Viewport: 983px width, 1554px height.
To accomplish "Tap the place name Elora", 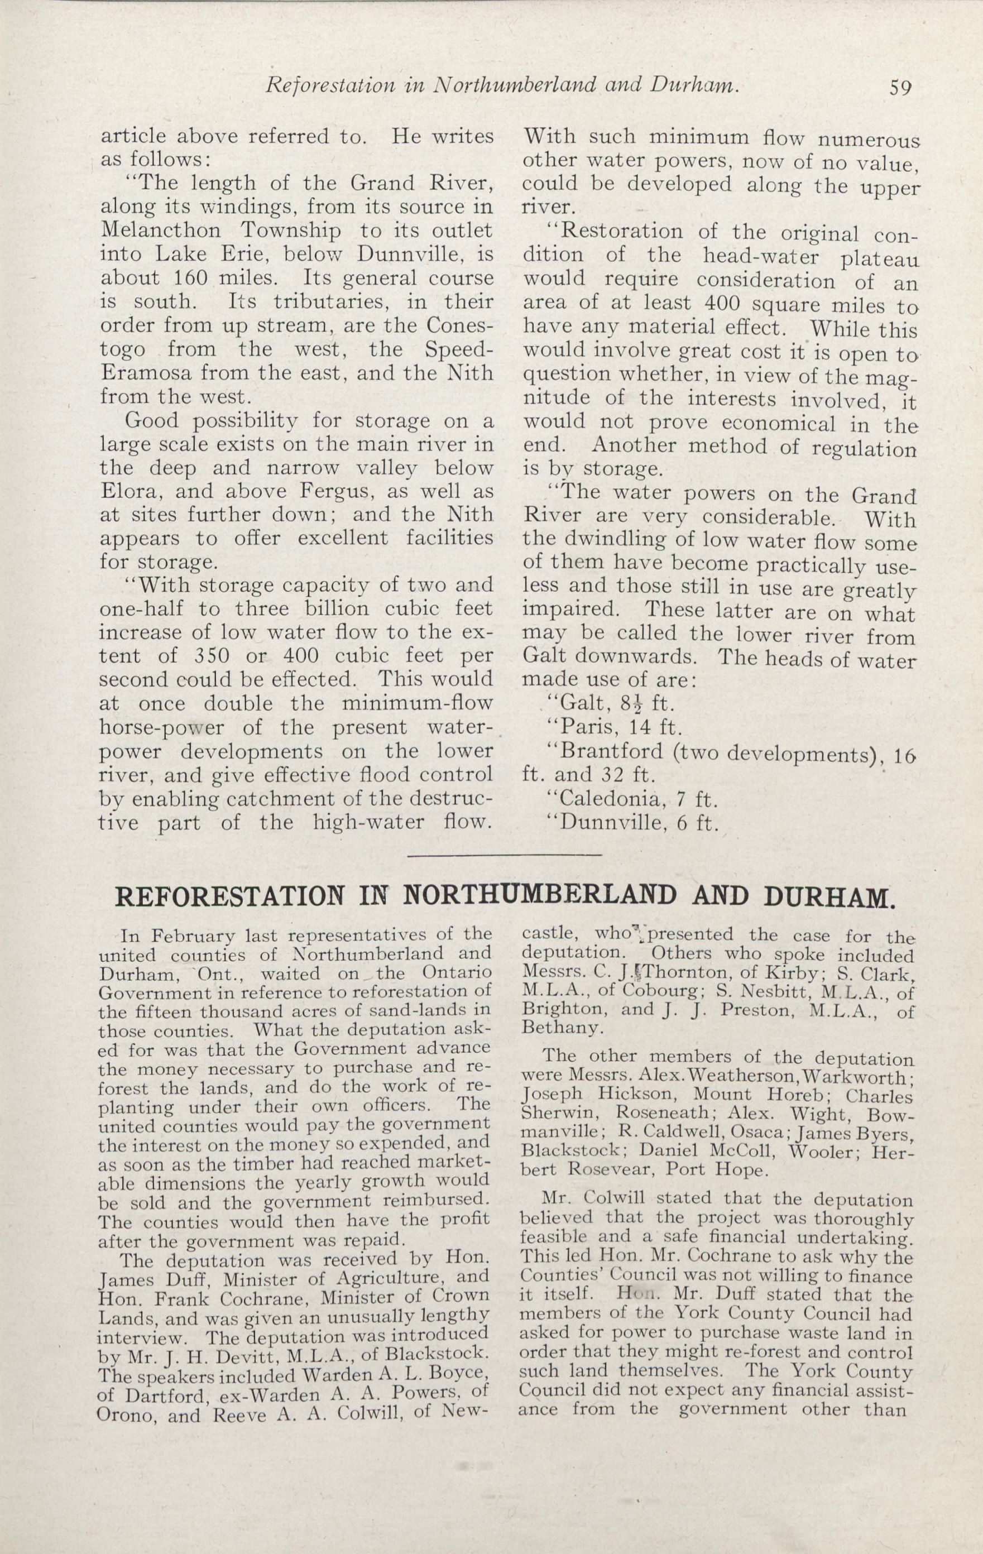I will (128, 492).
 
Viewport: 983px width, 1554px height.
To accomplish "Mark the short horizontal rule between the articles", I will (505, 856).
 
